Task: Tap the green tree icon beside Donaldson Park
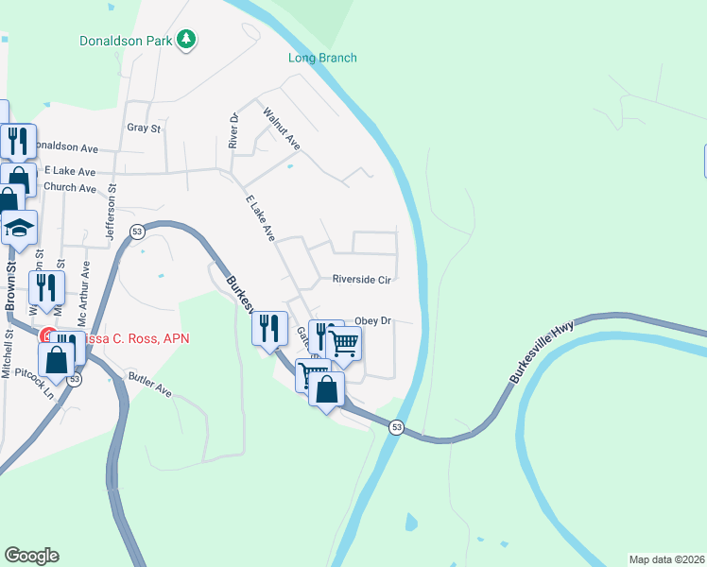(x=188, y=39)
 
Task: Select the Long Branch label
(x=322, y=58)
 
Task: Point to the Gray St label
(x=144, y=128)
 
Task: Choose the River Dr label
(x=233, y=129)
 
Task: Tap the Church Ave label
(x=70, y=188)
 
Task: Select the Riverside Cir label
(x=361, y=280)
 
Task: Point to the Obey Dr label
(x=372, y=321)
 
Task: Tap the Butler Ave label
(x=149, y=385)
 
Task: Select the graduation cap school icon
(x=19, y=229)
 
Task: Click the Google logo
(x=31, y=556)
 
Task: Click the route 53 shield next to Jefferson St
(x=138, y=232)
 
